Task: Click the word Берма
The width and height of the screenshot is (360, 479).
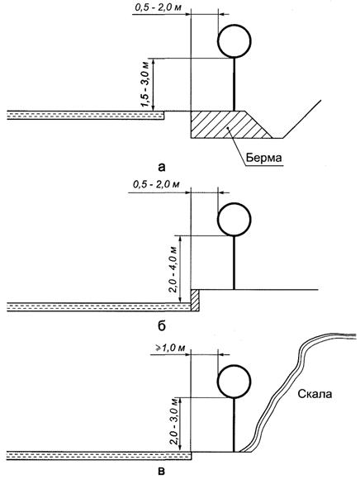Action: (x=264, y=159)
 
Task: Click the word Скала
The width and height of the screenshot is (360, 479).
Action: (x=315, y=394)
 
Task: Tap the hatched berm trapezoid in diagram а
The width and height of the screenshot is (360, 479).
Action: (x=228, y=125)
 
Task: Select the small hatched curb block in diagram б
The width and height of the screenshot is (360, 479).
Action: (x=195, y=301)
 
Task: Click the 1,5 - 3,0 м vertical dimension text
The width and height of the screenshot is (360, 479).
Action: (x=145, y=84)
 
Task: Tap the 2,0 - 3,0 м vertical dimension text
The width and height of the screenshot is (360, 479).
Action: (x=173, y=423)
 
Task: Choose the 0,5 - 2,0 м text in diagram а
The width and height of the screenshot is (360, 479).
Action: (x=158, y=7)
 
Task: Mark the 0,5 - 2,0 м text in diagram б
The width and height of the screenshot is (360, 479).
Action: (x=157, y=184)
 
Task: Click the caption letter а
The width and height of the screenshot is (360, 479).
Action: (x=162, y=167)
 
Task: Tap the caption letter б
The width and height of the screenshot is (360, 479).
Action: (x=162, y=326)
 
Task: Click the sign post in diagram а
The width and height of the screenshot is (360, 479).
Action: (x=234, y=84)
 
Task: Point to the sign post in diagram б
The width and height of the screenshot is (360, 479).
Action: (x=234, y=263)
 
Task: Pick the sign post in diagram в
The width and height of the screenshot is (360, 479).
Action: (x=234, y=424)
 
